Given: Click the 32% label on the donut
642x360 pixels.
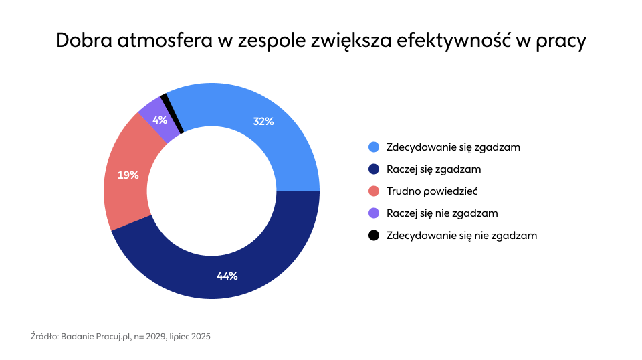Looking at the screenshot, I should pyautogui.click(x=263, y=121).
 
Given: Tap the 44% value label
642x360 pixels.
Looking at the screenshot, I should pyautogui.click(x=227, y=276).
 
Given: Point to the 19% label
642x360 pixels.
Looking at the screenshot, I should pyautogui.click(x=128, y=175).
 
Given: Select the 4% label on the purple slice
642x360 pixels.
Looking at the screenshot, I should pyautogui.click(x=160, y=120).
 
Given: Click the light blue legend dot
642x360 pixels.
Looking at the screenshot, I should pyautogui.click(x=374, y=147).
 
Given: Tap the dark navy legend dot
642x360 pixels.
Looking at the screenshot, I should pyautogui.click(x=374, y=169).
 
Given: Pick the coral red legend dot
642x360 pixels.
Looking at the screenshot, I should pyautogui.click(x=374, y=191).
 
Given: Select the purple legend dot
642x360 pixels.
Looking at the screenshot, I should pyautogui.click(x=374, y=213).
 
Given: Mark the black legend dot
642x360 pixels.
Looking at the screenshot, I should pyautogui.click(x=374, y=236).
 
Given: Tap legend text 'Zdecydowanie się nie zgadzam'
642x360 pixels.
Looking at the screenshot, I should pyautogui.click(x=461, y=236).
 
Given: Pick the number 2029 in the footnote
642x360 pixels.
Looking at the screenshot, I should pyautogui.click(x=156, y=336).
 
